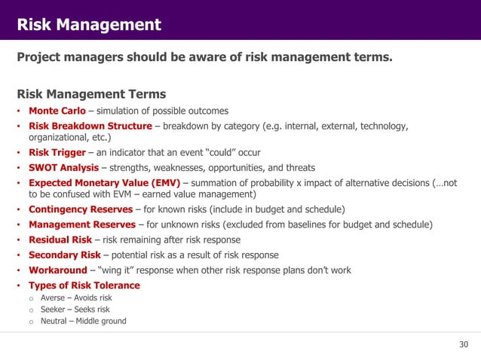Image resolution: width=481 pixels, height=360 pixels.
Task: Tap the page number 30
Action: coord(464,345)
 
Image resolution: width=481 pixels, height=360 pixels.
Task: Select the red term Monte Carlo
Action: coord(57,111)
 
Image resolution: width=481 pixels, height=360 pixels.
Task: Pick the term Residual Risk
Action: coord(60,239)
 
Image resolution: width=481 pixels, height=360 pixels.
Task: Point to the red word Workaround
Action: coord(58,270)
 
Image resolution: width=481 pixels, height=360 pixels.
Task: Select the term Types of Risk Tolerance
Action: coord(84,285)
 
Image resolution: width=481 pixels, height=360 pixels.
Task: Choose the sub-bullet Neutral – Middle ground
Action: coord(83,321)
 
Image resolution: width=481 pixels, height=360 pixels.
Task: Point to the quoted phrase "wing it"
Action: coord(118,270)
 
